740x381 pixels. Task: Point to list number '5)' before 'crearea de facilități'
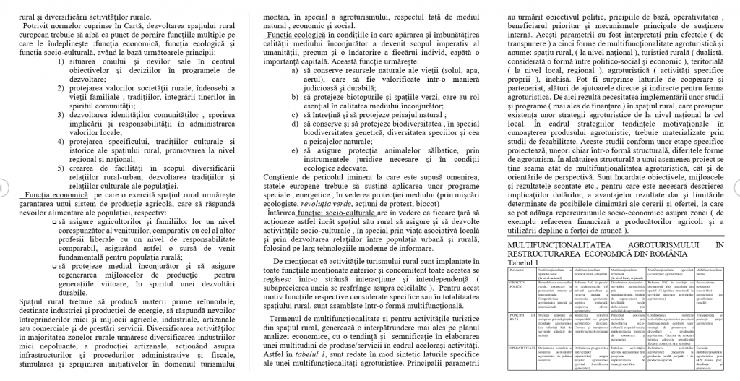[62, 168]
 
